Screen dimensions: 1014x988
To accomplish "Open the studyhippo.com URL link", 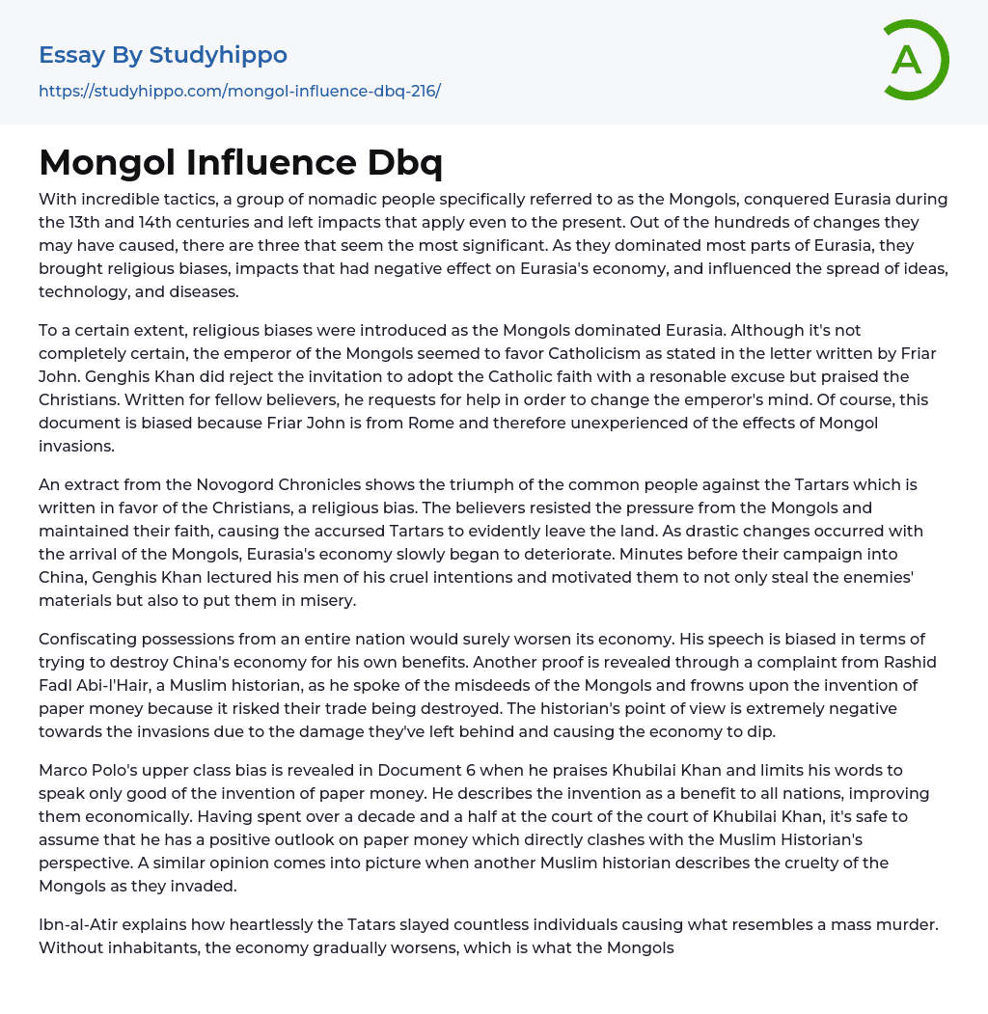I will [x=239, y=91].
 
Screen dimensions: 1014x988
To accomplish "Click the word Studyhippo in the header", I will [x=218, y=55].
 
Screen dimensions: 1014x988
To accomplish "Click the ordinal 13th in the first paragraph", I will [x=87, y=221].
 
